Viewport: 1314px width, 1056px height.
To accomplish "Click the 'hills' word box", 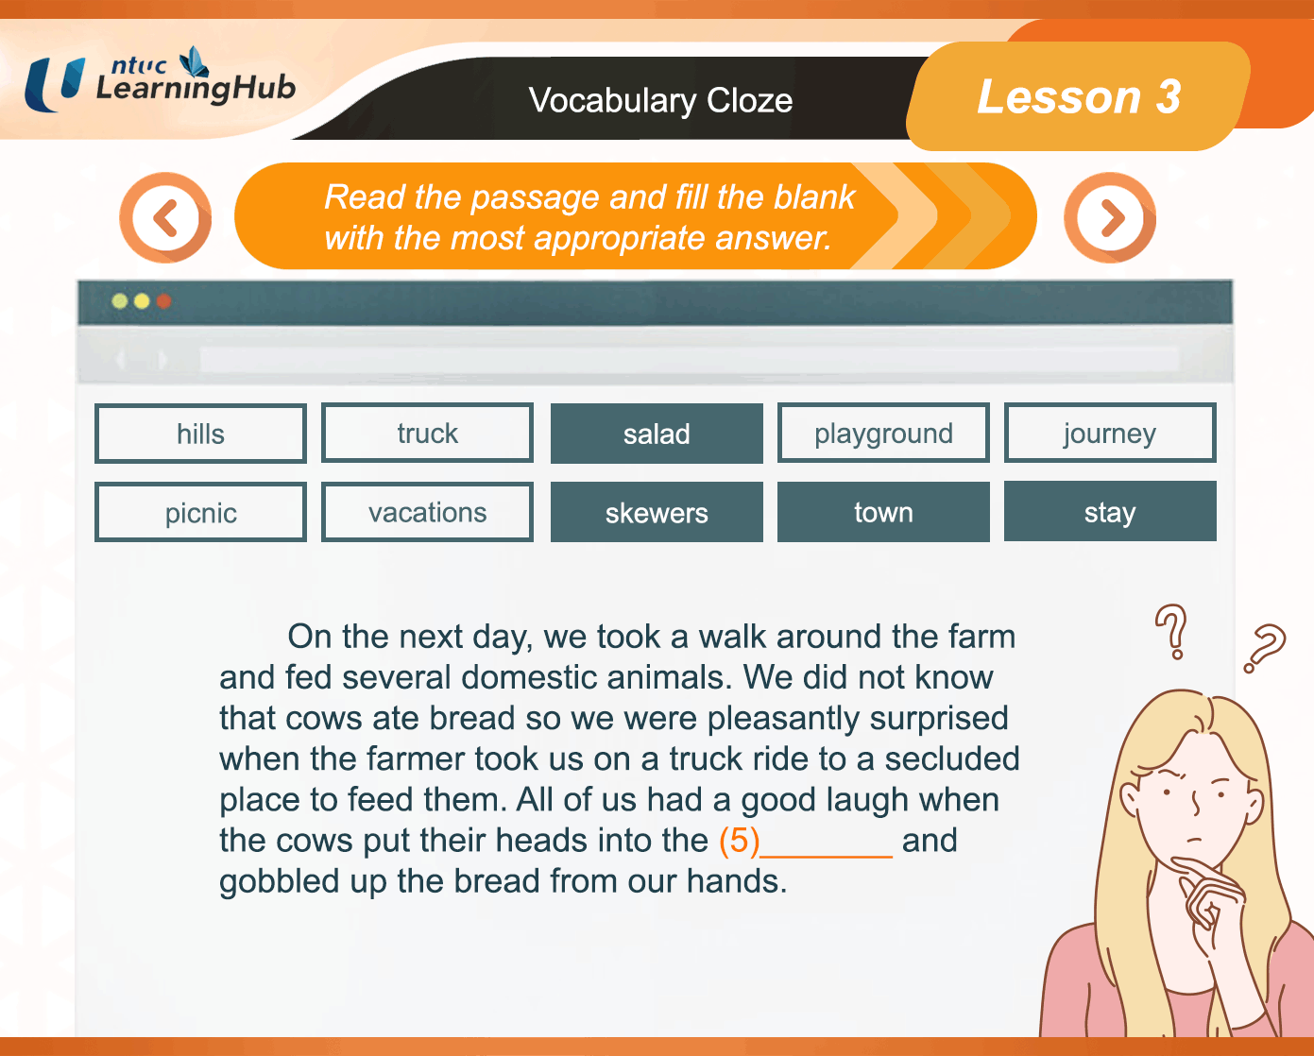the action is (200, 434).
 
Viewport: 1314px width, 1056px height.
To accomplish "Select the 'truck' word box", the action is (427, 433).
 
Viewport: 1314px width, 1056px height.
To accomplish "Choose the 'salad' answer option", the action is (657, 434).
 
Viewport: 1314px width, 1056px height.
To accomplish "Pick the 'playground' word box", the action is (883, 433).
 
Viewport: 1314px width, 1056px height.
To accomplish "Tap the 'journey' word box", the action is (1110, 433).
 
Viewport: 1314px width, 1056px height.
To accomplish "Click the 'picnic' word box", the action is (200, 512).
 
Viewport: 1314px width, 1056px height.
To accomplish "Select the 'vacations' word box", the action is (427, 512).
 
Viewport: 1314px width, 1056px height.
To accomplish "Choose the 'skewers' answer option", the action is (657, 512).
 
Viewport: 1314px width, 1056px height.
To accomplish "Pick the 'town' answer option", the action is (883, 512).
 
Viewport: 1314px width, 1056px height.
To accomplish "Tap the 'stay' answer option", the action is (1110, 511).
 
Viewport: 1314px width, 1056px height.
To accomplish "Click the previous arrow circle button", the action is (165, 218).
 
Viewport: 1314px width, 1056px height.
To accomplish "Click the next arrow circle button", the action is (1110, 218).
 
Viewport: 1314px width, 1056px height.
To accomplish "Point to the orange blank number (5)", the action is (740, 841).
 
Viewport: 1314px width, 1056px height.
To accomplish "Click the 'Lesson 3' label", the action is (1079, 96).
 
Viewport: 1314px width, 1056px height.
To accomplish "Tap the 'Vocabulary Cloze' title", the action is (660, 100).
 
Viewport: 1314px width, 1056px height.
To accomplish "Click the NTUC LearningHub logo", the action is (160, 79).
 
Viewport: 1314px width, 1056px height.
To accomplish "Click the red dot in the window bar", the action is (163, 301).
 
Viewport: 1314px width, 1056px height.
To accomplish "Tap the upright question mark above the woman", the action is (1171, 632).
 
